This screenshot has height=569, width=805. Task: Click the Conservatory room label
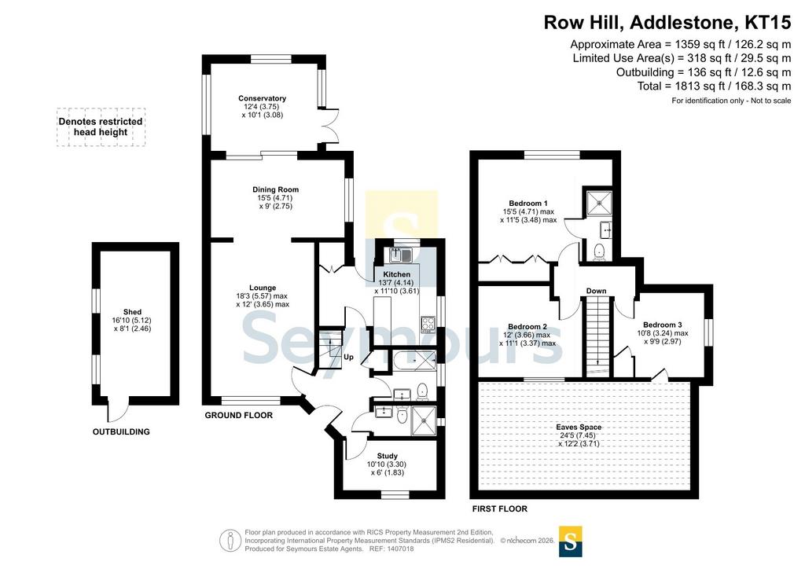[x=262, y=98]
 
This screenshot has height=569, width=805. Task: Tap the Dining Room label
[x=275, y=189]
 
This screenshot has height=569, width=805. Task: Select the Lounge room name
[x=263, y=288]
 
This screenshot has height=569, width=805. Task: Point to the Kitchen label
[x=397, y=274]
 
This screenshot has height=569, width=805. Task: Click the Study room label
[x=387, y=456]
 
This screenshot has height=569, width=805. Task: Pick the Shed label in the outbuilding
[x=132, y=311]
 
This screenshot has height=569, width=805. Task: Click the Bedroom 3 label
[x=662, y=325]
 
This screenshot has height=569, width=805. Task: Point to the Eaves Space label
[x=579, y=427]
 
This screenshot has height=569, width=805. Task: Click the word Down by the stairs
[x=596, y=291]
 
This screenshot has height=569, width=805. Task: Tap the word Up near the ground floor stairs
[x=348, y=357]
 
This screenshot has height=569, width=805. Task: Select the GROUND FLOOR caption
[x=239, y=415]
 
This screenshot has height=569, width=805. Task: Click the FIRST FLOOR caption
[x=499, y=509]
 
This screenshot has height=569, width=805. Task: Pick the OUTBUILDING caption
[x=121, y=432]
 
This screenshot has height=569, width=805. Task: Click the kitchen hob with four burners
[x=428, y=324]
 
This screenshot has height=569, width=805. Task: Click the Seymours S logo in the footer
[x=571, y=541]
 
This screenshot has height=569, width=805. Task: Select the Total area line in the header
[x=714, y=86]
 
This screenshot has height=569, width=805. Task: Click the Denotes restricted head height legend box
[x=101, y=127]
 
